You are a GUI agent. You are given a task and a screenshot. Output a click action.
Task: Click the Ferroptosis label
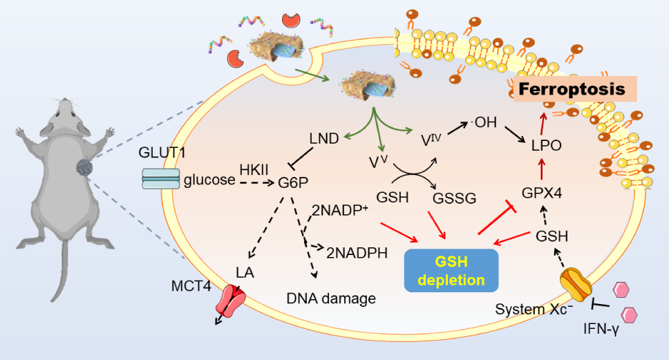point(572,89)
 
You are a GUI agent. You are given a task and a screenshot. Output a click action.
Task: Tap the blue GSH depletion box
point(451,270)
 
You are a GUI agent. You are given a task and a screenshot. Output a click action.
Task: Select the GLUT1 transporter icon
point(160,179)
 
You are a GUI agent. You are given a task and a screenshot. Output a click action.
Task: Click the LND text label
point(324,139)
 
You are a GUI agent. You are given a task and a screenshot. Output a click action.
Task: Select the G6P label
point(293,182)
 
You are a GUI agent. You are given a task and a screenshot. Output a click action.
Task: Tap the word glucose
point(209,180)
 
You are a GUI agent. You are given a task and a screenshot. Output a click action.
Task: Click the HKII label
point(254,169)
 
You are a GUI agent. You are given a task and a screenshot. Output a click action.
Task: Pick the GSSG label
point(454,198)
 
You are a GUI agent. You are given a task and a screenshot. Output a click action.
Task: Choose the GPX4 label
point(542,193)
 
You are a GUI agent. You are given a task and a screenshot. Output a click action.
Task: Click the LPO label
point(547,145)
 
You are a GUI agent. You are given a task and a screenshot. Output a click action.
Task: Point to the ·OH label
point(483,122)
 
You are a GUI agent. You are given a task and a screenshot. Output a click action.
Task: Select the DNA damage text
point(331,299)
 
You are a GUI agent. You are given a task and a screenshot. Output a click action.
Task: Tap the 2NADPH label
point(357,253)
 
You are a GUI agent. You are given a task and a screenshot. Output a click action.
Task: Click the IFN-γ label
point(601,329)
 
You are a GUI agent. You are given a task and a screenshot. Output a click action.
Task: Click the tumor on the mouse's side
point(84,168)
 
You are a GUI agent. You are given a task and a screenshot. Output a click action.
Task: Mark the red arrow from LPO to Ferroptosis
point(543,124)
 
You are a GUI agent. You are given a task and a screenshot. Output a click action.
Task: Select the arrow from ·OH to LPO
point(515,134)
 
